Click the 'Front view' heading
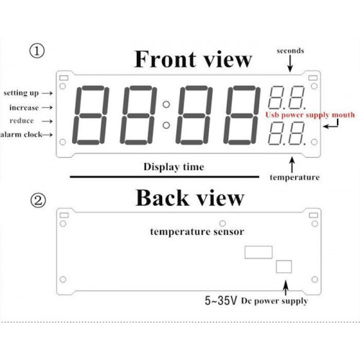click(193, 59)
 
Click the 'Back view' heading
click(190, 198)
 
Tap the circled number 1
click(37, 51)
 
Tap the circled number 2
click(38, 201)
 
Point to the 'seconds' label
click(290, 50)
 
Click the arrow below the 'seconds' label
click(290, 63)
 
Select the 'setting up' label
click(21, 93)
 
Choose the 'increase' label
click(24, 107)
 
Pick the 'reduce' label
click(22, 120)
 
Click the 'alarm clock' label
click(21, 135)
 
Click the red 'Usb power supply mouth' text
click(310, 115)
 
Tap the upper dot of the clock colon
click(166, 104)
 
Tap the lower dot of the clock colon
click(166, 125)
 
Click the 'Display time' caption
click(174, 167)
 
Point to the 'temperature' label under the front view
click(294, 177)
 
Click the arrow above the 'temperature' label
click(292, 165)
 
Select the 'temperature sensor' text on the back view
click(197, 232)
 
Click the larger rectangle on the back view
click(258, 252)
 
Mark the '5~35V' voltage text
click(221, 300)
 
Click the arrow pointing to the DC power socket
click(286, 288)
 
